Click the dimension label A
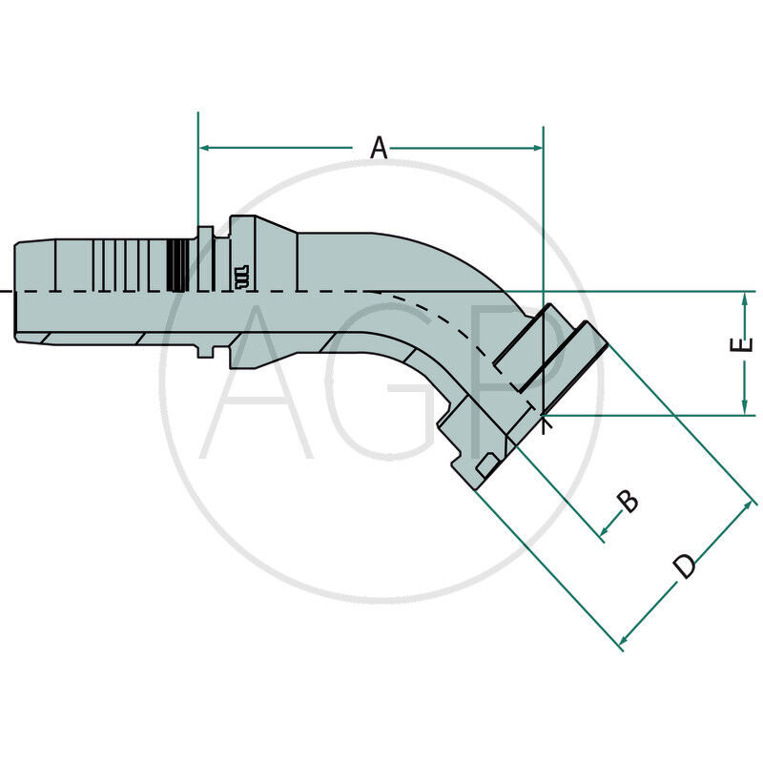(x=379, y=148)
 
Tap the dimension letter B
(x=627, y=500)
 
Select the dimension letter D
(x=685, y=567)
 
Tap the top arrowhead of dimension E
(x=744, y=299)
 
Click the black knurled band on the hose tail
(x=176, y=265)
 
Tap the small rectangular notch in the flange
(x=485, y=465)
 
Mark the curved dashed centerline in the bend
(x=448, y=324)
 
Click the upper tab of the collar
(x=205, y=234)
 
